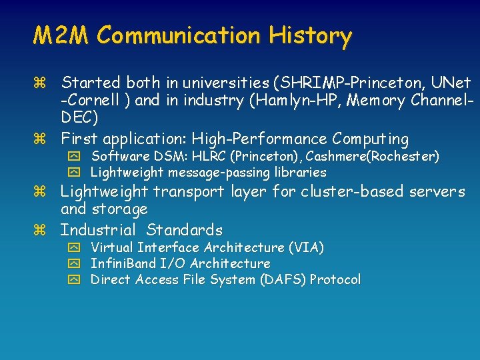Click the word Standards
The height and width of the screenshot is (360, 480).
tap(185, 231)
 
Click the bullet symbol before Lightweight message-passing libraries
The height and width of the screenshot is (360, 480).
tap(73, 173)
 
